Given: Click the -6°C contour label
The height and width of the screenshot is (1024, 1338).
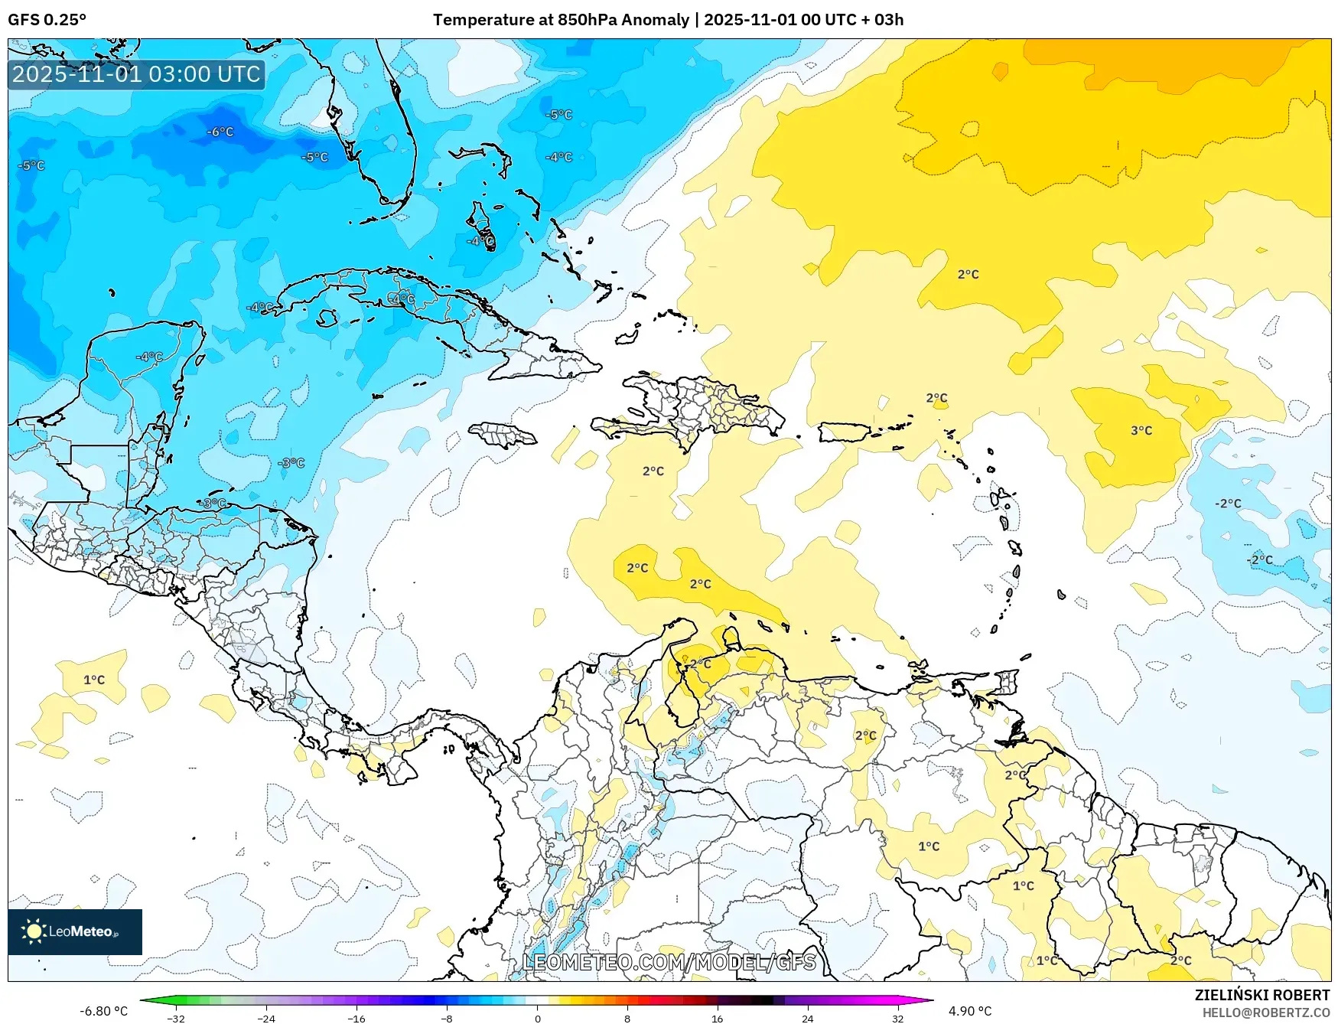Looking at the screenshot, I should click(220, 132).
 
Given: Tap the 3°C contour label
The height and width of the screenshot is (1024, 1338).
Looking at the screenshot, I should click(1141, 431).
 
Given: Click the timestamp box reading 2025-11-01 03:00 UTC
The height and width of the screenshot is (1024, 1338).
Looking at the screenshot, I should click(136, 74).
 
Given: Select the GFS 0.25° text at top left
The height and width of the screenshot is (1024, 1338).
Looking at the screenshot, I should click(47, 20).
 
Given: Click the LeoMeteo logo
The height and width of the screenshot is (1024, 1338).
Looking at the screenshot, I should click(75, 931).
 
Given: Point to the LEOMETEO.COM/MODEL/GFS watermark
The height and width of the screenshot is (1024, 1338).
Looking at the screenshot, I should click(669, 962).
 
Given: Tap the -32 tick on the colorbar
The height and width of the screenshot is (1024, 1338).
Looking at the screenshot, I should click(176, 1019).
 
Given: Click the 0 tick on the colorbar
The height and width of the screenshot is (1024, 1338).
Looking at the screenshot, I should click(537, 1019).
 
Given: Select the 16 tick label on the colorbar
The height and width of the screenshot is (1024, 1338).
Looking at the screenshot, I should click(717, 1019).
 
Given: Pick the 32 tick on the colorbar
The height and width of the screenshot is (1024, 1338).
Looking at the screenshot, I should click(897, 1019).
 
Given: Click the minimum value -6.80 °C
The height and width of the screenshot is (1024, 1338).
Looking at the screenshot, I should click(104, 1011).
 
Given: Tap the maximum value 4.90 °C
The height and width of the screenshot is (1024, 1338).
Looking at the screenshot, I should click(970, 1011).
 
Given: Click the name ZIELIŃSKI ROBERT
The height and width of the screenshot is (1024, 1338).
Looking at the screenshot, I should click(1262, 995).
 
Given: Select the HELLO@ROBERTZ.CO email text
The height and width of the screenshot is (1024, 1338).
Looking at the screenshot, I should click(1265, 1013).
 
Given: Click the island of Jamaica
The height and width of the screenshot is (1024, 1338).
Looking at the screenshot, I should click(502, 435).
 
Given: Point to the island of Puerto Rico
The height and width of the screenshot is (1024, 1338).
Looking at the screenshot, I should click(844, 432).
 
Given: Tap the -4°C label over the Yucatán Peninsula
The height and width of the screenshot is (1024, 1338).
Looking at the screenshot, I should click(150, 357).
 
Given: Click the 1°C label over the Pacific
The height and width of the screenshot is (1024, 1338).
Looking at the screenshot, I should click(94, 680).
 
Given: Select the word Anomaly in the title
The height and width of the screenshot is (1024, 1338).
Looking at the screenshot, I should click(655, 20).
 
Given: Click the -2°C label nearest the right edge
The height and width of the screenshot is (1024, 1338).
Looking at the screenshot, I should click(1261, 559).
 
